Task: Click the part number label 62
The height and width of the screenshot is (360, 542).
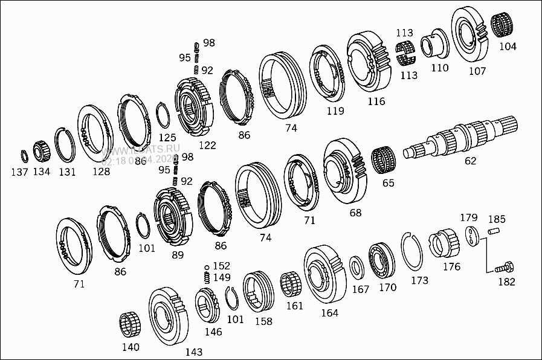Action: pyautogui.click(x=470, y=161)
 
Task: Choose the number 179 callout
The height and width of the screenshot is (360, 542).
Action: pyautogui.click(x=469, y=217)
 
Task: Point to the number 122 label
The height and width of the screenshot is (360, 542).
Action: pyautogui.click(x=207, y=145)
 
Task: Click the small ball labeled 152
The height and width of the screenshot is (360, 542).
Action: pyautogui.click(x=207, y=266)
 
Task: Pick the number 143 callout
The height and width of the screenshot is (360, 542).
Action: pyautogui.click(x=193, y=352)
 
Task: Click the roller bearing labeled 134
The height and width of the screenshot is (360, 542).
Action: pyautogui.click(x=40, y=150)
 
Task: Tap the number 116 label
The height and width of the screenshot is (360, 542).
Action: pyautogui.click(x=376, y=101)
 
